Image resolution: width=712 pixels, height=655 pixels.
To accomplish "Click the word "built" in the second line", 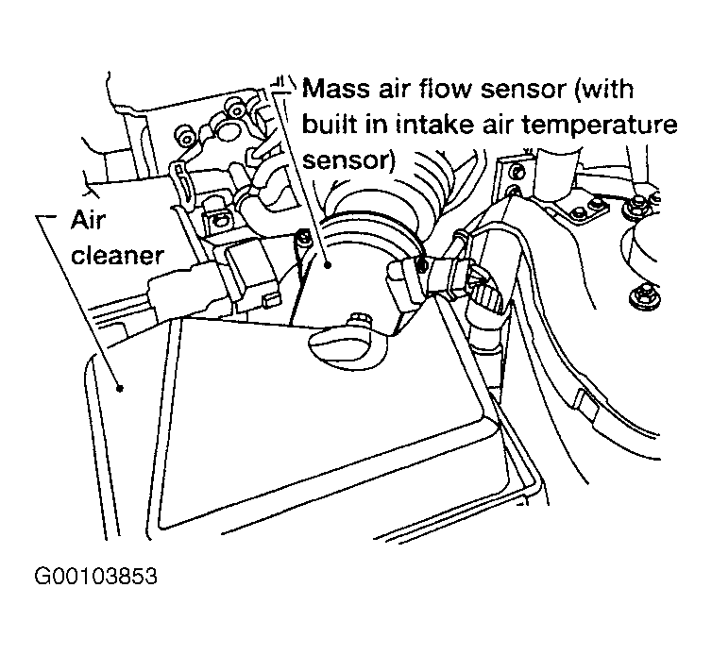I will (x=330, y=125).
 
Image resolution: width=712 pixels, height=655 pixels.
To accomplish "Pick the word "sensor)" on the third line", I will (x=348, y=158).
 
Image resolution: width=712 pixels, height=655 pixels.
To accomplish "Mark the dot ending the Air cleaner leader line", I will (x=119, y=386).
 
